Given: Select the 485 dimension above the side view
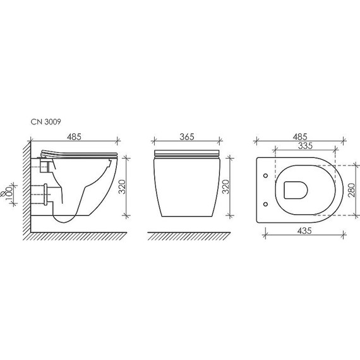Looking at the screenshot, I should coord(73,136).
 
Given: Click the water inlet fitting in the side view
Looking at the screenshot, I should coord(44,165).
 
